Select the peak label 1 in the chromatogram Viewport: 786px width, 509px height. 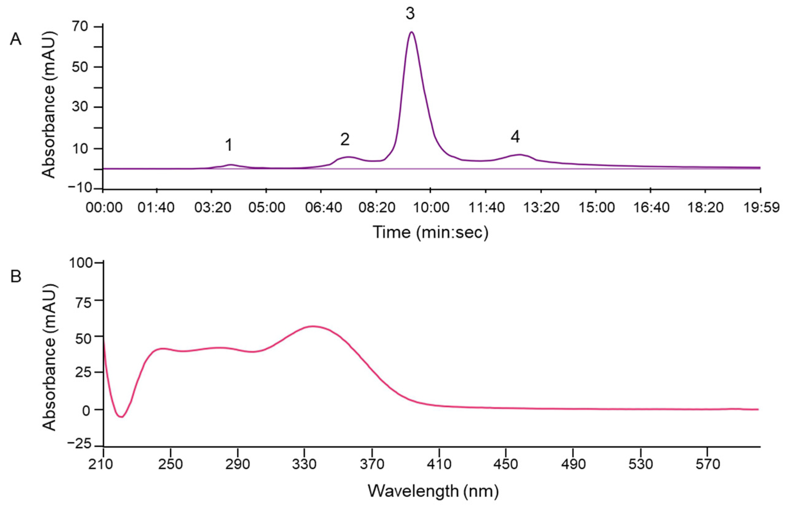tap(228, 145)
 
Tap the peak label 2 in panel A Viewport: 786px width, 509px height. tap(345, 140)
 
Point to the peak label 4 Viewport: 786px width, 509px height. tap(515, 137)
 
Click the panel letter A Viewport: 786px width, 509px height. tap(16, 40)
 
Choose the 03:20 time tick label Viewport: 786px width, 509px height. tap(211, 208)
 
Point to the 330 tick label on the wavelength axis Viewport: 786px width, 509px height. tap(304, 465)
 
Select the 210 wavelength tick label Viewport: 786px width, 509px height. tap(104, 465)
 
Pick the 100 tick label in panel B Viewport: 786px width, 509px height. tap(81, 263)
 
